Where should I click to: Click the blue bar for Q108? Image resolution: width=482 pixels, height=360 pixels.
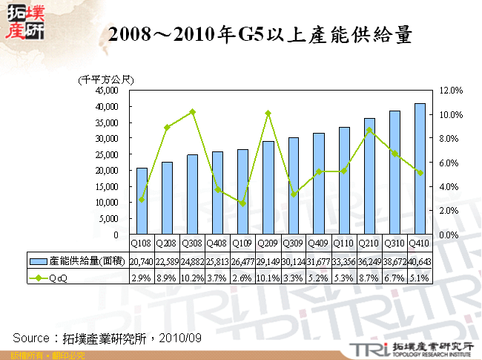[x=142, y=201]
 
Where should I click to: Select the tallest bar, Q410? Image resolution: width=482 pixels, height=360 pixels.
[x=420, y=168]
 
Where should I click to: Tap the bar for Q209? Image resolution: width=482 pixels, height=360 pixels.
[x=268, y=188]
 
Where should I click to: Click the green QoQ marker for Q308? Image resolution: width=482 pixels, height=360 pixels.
[x=192, y=111]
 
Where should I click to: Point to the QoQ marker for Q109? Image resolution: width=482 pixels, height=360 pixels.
[x=242, y=203]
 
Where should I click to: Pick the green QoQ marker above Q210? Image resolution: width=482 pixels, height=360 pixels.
[x=369, y=130]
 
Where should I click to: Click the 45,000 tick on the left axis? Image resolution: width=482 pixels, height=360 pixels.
[x=108, y=91]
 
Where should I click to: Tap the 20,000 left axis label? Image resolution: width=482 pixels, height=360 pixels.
[x=108, y=170]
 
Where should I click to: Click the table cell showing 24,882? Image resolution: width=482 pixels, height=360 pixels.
[x=192, y=261]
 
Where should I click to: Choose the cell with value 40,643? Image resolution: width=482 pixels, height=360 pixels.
[x=420, y=261]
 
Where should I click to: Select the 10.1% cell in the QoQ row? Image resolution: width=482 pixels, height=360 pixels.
[x=268, y=278]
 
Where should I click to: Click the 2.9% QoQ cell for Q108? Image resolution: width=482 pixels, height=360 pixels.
[x=142, y=278]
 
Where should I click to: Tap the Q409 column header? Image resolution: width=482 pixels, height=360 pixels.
[x=318, y=243]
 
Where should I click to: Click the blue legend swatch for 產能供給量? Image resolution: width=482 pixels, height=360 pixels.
[x=39, y=261]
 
